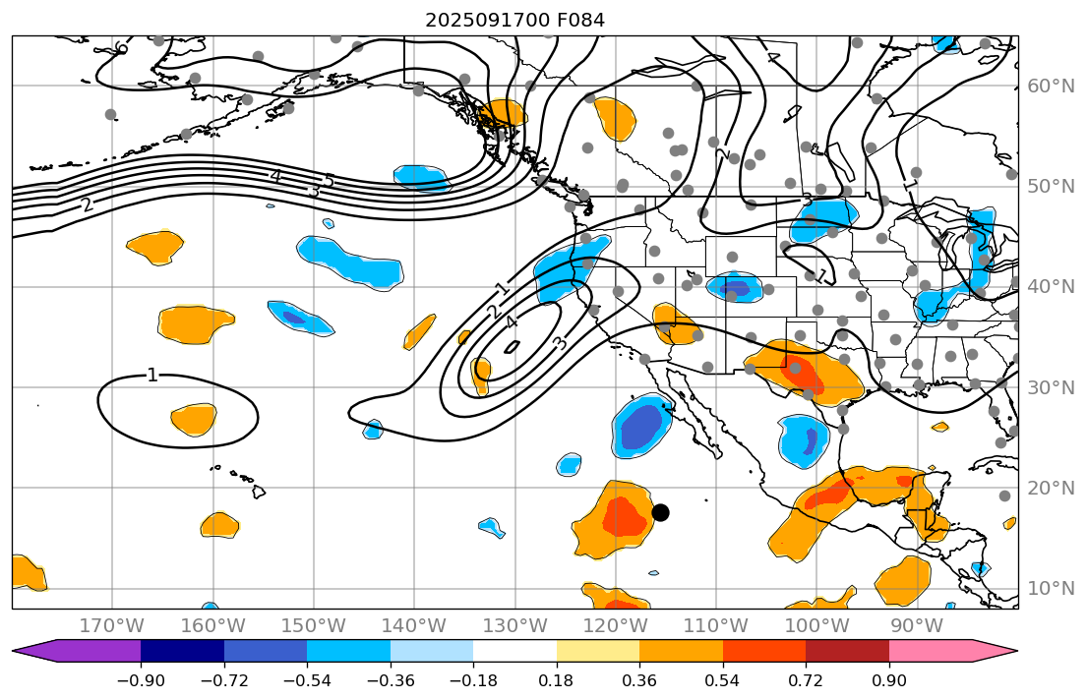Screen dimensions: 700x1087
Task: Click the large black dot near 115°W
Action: [660, 512]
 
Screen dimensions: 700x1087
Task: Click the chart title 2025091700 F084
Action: [514, 20]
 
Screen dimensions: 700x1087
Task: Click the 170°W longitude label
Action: [111, 626]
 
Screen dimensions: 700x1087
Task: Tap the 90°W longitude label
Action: [917, 626]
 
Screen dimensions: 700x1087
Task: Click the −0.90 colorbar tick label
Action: [141, 681]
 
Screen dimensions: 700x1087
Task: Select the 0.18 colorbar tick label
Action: [557, 681]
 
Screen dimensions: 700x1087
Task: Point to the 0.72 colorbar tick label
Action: [806, 681]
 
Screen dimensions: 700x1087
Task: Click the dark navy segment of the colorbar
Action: [182, 651]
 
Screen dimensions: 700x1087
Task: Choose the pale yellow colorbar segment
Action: [597, 651]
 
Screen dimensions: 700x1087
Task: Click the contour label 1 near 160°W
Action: [151, 375]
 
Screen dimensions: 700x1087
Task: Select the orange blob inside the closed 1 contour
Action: [193, 420]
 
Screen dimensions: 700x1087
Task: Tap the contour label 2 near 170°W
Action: [87, 204]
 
